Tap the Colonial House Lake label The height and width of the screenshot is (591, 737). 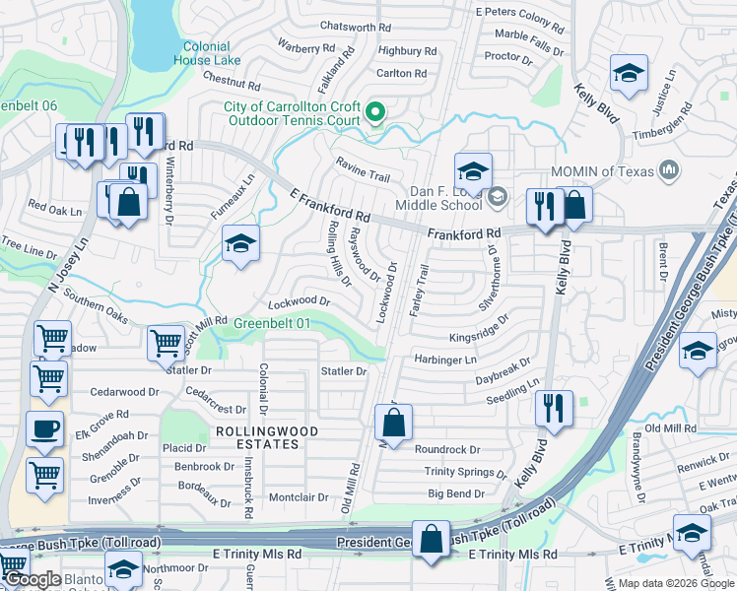click(x=206, y=53)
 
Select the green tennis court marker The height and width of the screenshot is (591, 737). click(x=374, y=112)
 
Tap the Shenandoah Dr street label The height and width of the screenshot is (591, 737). click(x=116, y=434)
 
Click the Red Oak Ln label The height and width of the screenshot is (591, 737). click(x=54, y=208)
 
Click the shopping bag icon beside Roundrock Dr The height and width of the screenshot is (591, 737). click(x=393, y=424)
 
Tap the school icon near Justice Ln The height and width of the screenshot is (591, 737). click(x=627, y=73)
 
